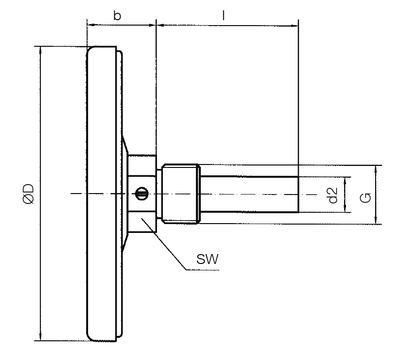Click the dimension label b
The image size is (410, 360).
[x=117, y=15]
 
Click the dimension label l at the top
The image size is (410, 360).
[x=224, y=15]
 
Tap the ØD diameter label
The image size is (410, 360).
[x=29, y=193]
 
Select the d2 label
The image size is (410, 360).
[x=332, y=195]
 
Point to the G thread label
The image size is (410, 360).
[x=365, y=198]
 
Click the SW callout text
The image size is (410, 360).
[x=207, y=259]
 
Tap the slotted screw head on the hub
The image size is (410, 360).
[x=141, y=193]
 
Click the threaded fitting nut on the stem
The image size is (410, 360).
[x=180, y=194]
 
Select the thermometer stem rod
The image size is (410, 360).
[x=249, y=194]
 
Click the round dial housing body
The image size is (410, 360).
[x=103, y=194]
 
